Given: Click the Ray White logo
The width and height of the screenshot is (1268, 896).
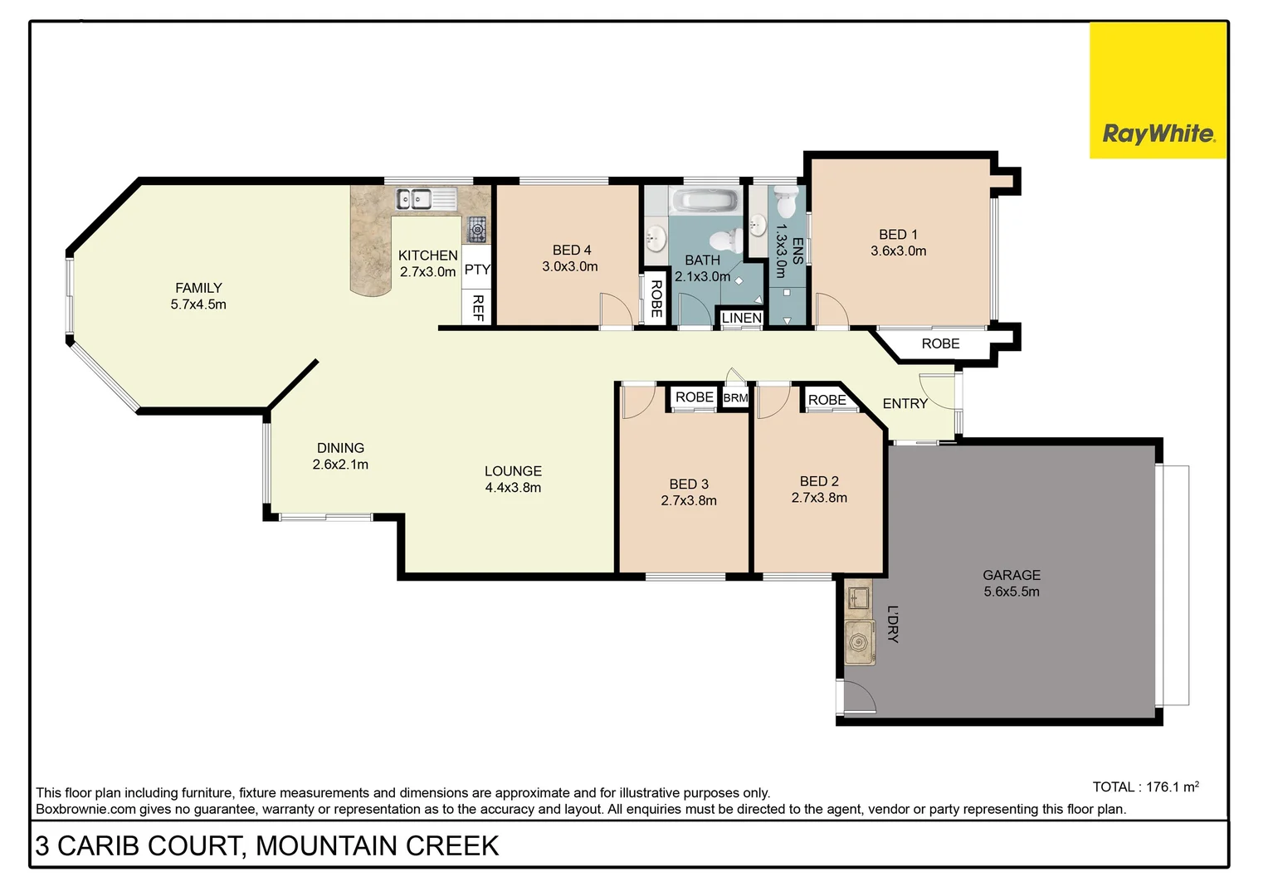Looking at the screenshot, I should (1158, 134).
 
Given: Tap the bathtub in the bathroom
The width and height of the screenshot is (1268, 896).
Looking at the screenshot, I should (704, 201).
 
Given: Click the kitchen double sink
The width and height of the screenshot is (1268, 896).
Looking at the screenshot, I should (413, 198).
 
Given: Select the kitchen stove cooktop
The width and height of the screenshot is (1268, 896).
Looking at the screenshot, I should (477, 228).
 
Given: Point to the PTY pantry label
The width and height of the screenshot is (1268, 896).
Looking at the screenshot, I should (477, 270).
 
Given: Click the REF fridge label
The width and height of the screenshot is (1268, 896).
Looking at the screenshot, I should (478, 308).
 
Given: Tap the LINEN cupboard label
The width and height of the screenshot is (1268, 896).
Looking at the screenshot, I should (741, 318).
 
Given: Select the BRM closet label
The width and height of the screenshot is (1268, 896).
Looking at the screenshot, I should (735, 398).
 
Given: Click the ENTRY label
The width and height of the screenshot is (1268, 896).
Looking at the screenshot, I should (905, 404).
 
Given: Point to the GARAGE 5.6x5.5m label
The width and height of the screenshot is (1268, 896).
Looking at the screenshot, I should (1011, 583).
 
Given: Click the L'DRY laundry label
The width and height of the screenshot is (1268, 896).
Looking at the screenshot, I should (893, 624).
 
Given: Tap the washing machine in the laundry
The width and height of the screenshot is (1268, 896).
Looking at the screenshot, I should (859, 642).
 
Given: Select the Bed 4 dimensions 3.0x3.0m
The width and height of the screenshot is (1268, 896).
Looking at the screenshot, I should (570, 267).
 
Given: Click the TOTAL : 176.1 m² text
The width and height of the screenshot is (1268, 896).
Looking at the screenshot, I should (1145, 786).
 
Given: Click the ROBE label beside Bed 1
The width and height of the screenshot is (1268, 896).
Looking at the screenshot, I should (940, 343).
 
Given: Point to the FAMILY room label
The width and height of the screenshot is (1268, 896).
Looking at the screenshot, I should (198, 288).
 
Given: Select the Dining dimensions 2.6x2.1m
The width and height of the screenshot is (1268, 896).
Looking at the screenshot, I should (340, 465).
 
